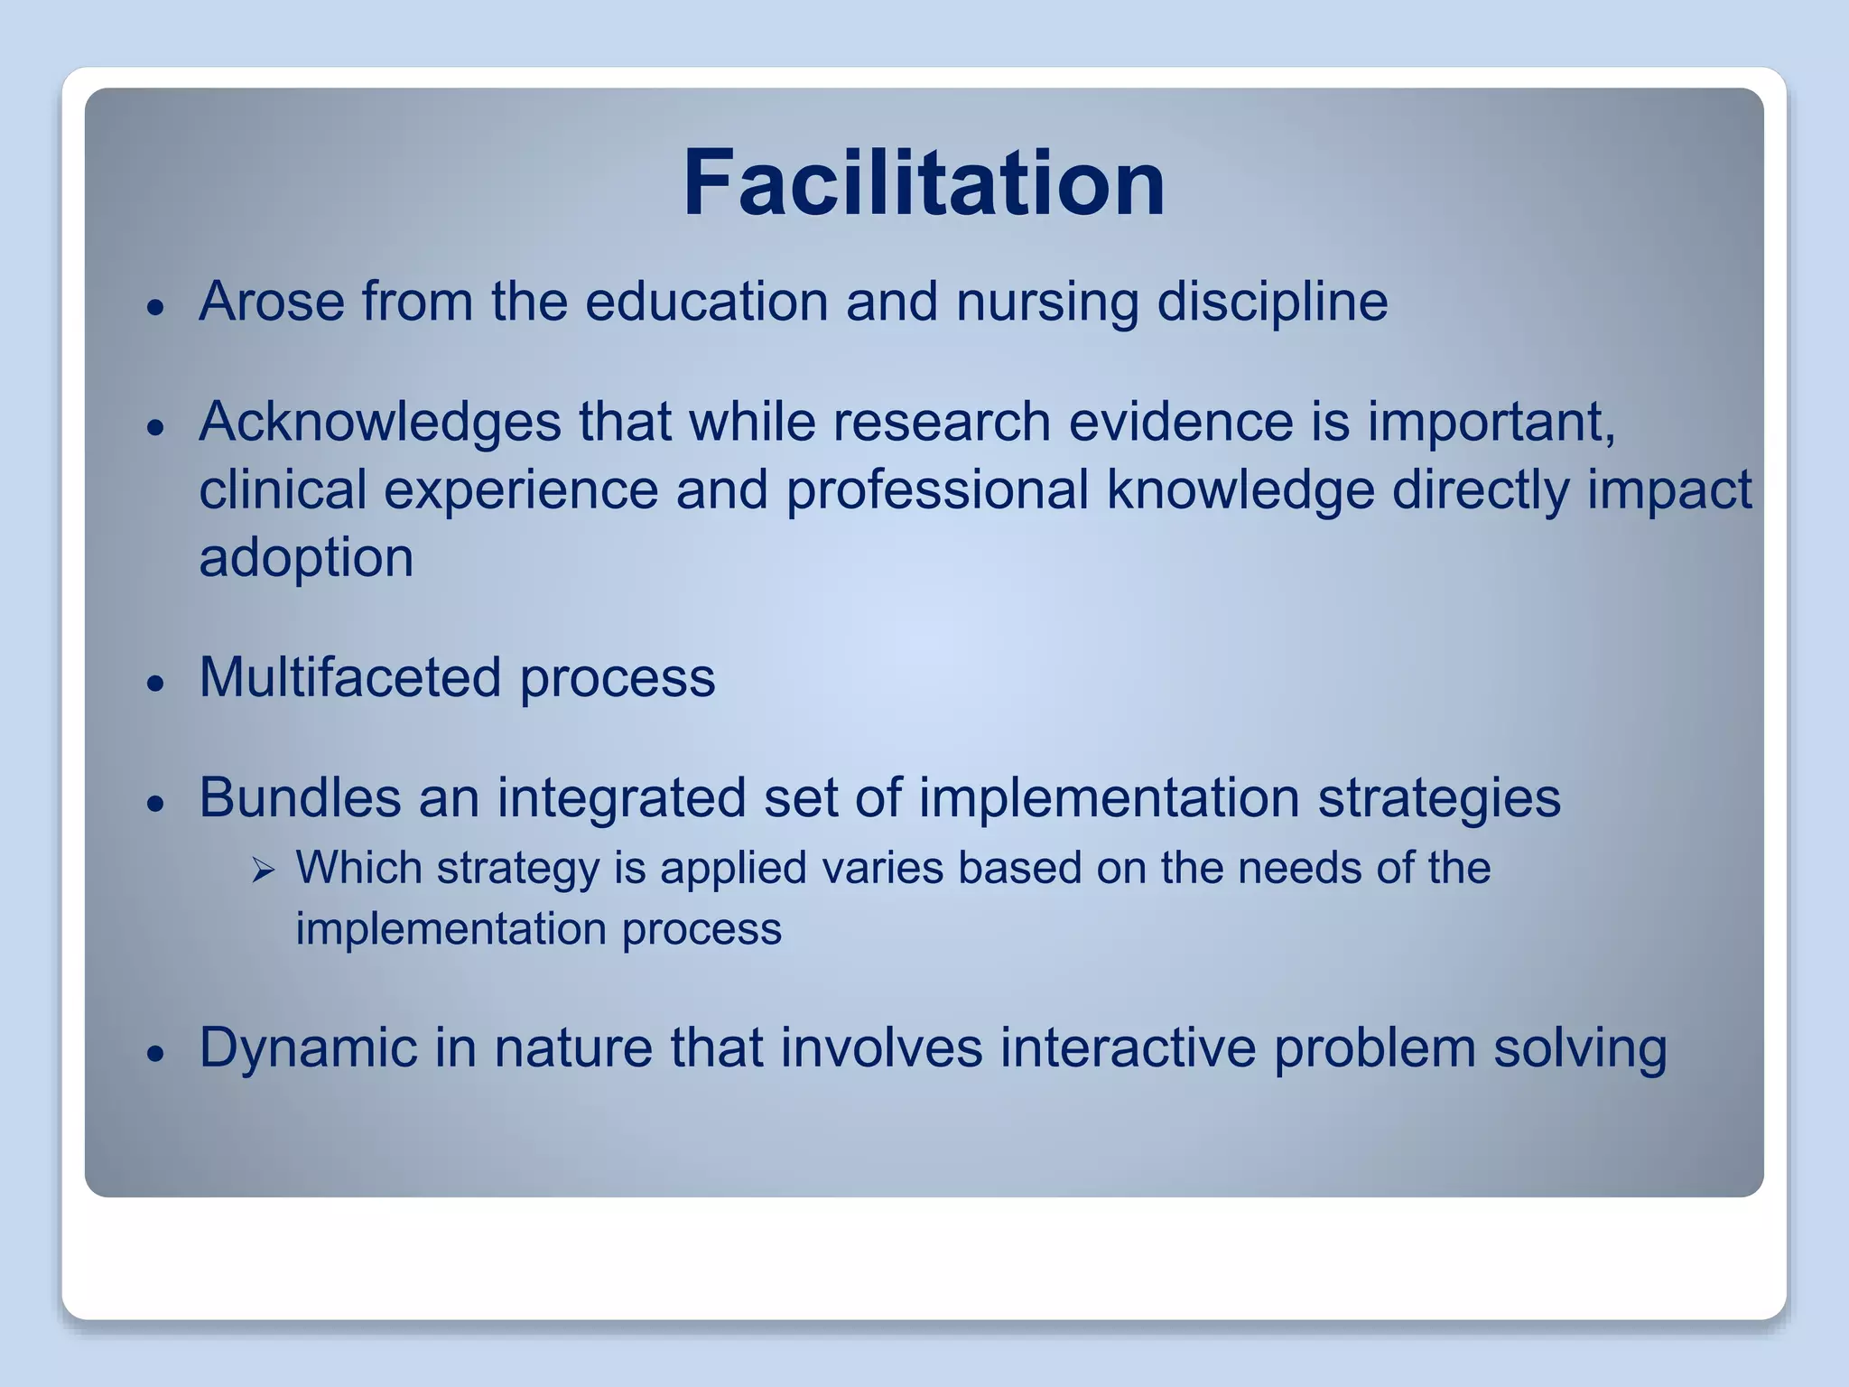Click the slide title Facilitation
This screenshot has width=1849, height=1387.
click(924, 184)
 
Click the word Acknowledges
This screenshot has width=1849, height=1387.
click(379, 423)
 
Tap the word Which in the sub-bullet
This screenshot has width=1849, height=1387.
click(359, 869)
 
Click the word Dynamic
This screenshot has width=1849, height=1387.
click(307, 1049)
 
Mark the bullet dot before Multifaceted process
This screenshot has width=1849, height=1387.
click(157, 683)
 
